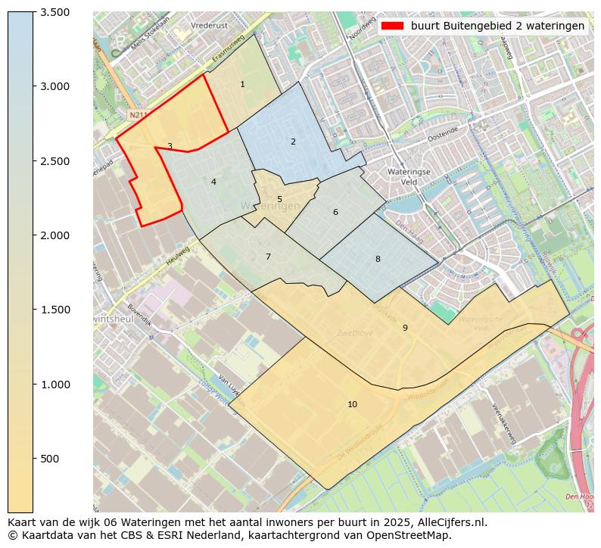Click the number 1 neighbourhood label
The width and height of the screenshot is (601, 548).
242,84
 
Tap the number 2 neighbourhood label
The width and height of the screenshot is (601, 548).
293,142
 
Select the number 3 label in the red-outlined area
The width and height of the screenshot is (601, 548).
170,146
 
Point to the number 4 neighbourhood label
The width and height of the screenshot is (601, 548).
213,182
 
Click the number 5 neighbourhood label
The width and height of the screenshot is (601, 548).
279,200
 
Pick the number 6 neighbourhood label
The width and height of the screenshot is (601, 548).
335,212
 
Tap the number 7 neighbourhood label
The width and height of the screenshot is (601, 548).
268,257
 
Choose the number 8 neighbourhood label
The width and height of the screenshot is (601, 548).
378,259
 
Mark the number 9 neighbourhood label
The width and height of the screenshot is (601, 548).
405,328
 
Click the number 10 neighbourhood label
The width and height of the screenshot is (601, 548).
352,404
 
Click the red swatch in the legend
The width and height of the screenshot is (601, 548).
392,26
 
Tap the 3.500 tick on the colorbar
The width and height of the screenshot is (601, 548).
54,12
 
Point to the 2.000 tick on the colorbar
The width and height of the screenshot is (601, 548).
54,235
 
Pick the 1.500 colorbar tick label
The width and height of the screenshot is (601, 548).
54,310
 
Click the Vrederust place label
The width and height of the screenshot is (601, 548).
210,25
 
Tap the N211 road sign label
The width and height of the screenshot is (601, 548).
137,115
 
